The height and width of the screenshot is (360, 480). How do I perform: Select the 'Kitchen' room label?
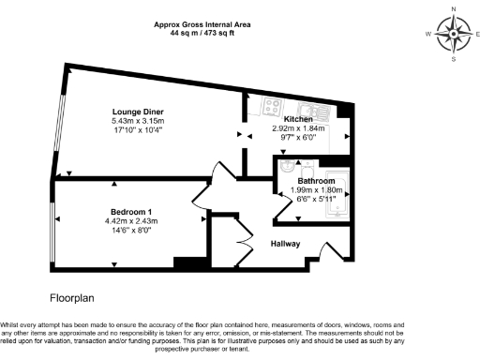(297, 119)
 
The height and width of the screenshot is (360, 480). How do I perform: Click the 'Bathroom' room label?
(316, 180)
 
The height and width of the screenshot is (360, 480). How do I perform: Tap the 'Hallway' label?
(286, 243)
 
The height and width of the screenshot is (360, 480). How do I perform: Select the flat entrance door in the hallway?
(328, 251)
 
